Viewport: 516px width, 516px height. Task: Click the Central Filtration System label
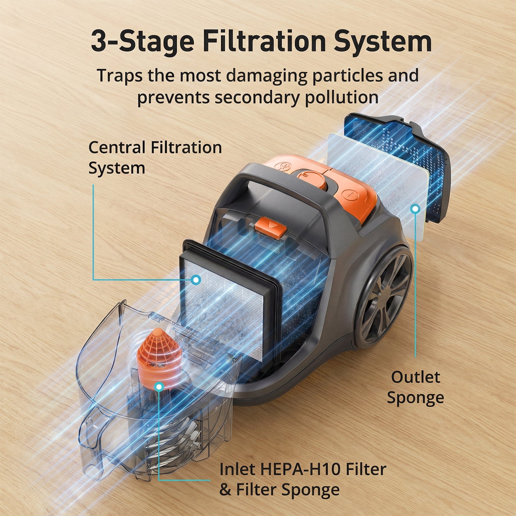point(155,158)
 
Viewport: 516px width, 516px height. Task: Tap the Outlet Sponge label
point(415,388)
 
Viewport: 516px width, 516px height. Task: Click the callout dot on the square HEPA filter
point(196,280)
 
